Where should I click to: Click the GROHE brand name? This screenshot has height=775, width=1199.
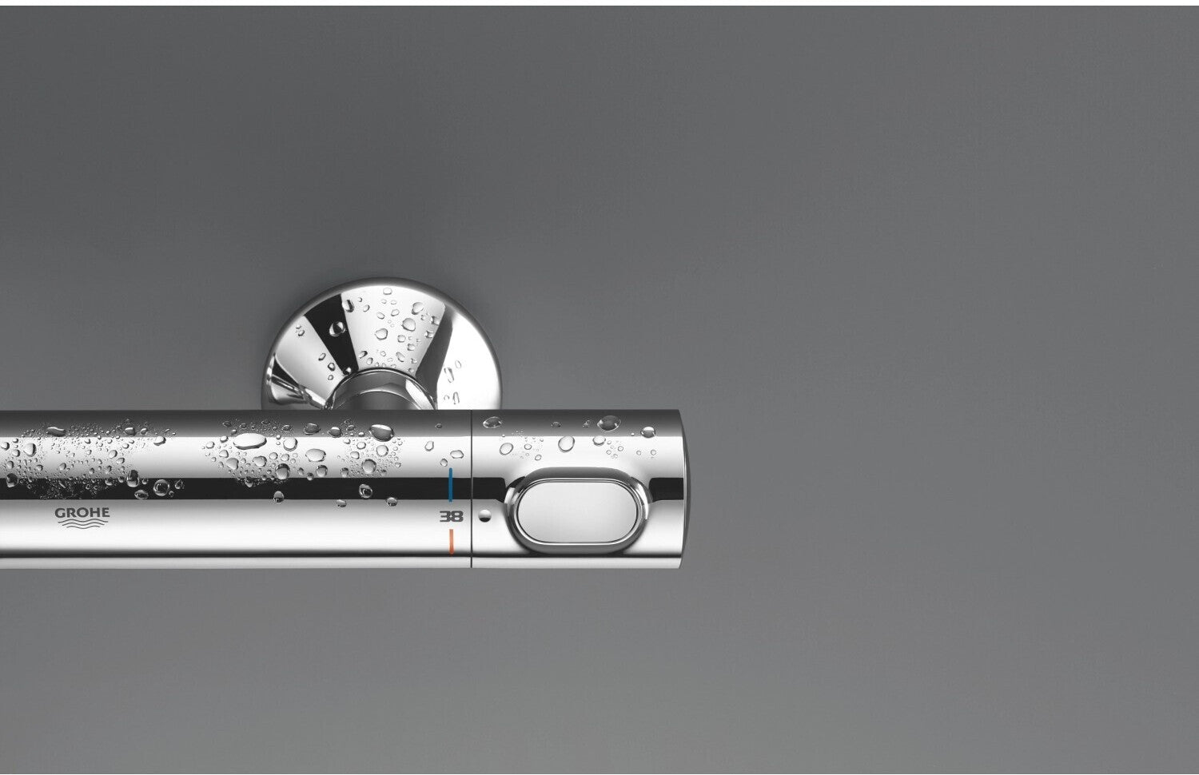[82, 512]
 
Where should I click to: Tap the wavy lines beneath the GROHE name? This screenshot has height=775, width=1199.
[82, 523]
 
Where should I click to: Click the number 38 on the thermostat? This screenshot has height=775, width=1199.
[452, 516]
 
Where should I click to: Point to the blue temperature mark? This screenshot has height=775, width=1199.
[451, 485]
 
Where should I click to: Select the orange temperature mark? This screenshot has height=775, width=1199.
[452, 542]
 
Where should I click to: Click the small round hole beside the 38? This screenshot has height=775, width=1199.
[484, 515]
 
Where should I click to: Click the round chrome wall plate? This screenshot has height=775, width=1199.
[381, 343]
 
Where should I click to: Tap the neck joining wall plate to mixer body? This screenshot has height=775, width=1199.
[381, 390]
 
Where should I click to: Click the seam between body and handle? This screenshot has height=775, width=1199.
[471, 489]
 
